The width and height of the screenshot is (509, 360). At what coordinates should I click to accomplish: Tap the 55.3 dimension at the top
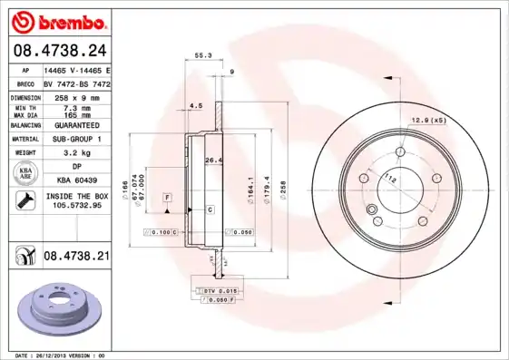[x=203, y=55]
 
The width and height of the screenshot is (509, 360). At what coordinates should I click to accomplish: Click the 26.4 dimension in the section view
[x=213, y=161]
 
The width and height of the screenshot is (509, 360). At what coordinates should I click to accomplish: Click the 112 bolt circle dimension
[x=389, y=178]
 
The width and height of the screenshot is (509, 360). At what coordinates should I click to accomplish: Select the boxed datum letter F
[x=167, y=197]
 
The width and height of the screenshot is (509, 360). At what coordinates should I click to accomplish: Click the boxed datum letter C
[x=210, y=209]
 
